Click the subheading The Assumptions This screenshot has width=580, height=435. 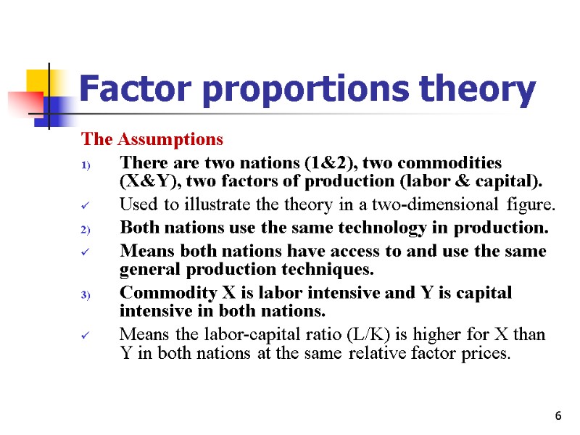(x=152, y=138)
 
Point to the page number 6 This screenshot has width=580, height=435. (x=558, y=415)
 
